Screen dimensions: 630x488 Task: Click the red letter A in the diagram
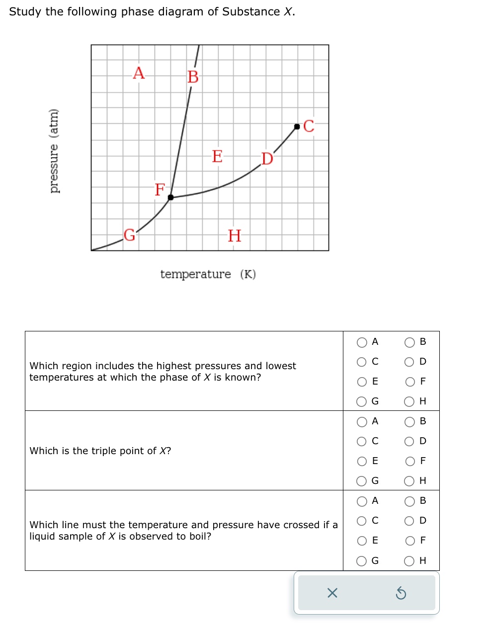tap(139, 73)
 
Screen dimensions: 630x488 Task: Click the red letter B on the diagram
tap(193, 77)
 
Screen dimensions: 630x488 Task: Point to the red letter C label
tap(309, 126)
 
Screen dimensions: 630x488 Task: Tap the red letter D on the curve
tap(267, 158)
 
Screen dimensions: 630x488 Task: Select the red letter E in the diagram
tap(217, 156)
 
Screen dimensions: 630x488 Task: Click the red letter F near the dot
tap(160, 189)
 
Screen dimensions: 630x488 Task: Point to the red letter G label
tap(129, 235)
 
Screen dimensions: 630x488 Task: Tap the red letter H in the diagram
tap(234, 236)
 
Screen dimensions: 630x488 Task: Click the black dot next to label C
tap(297, 127)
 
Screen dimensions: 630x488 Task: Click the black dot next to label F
tap(170, 197)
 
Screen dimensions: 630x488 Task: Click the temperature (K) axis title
tap(208, 274)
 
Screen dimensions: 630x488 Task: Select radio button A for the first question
tap(362, 342)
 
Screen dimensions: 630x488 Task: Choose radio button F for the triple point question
tap(410, 462)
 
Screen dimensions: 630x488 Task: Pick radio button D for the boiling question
tap(410, 521)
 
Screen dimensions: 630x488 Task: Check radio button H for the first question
tap(410, 402)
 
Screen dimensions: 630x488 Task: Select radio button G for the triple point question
tap(362, 481)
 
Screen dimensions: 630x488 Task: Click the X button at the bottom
tap(332, 593)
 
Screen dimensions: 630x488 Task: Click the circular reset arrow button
tap(401, 593)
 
